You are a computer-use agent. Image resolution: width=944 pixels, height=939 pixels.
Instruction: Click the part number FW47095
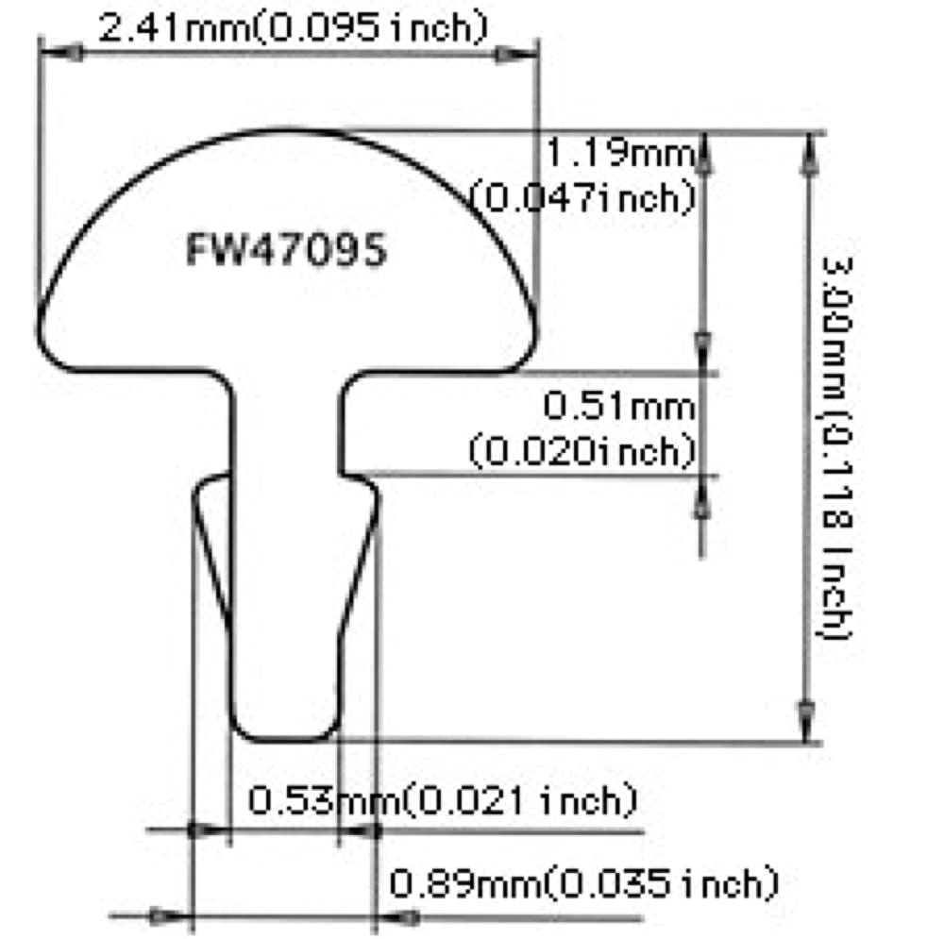click(x=285, y=252)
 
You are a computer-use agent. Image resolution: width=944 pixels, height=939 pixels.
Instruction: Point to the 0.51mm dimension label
click(x=618, y=408)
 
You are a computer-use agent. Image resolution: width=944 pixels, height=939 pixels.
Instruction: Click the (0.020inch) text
click(x=582, y=450)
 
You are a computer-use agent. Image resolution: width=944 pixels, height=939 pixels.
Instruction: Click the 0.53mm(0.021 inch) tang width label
click(x=442, y=801)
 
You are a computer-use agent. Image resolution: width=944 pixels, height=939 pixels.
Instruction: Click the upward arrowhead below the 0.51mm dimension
click(x=701, y=499)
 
